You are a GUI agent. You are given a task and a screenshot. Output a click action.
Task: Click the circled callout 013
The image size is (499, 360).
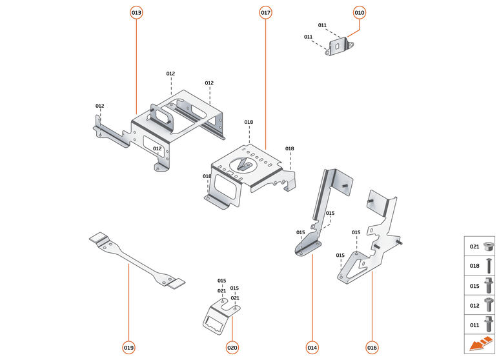click(x=136, y=12)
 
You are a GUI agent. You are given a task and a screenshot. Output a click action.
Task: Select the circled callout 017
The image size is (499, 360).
click(x=265, y=12)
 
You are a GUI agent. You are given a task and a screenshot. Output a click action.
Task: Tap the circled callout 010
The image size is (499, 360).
click(x=360, y=12)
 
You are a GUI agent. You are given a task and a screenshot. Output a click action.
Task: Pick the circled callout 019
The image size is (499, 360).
click(x=128, y=348)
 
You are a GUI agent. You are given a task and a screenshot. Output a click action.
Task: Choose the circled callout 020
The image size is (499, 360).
click(x=232, y=348)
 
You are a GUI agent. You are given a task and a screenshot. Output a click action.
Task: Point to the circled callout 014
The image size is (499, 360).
click(x=312, y=348)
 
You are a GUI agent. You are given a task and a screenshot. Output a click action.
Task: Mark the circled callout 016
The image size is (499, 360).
click(x=372, y=348)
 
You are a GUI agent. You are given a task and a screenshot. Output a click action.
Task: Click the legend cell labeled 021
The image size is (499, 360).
click(x=480, y=246)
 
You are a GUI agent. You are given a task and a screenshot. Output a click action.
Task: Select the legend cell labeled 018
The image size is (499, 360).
click(x=480, y=265)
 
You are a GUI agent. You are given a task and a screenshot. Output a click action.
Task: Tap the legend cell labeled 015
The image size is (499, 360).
click(x=480, y=285)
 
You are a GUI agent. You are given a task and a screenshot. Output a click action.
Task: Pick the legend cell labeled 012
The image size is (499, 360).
click(x=480, y=305)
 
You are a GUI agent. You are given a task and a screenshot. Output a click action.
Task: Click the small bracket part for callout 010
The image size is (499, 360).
click(x=338, y=46)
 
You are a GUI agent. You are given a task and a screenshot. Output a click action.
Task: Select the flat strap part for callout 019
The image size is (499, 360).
click(x=136, y=261)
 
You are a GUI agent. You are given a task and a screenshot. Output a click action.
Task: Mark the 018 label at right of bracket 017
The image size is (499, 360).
click(x=290, y=148)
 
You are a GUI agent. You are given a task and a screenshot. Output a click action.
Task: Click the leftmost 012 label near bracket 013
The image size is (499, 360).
click(x=99, y=106)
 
